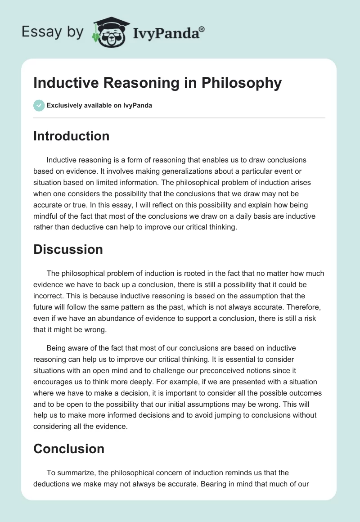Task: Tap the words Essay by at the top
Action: coord(52,31)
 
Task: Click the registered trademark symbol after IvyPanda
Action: coord(202,29)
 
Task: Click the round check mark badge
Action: coord(39,105)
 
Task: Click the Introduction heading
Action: coord(71,136)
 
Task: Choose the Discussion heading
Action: coord(68,249)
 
